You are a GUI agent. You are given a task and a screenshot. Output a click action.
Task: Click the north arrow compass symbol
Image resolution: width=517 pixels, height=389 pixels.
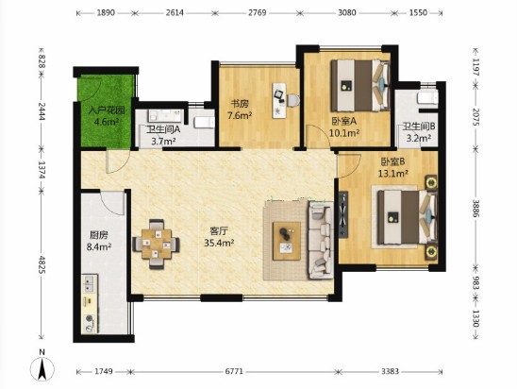[42, 369]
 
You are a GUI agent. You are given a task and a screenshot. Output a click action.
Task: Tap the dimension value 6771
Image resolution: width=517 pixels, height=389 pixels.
[234, 371]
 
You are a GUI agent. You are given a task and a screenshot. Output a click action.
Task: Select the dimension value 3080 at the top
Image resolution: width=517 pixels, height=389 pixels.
[347, 12]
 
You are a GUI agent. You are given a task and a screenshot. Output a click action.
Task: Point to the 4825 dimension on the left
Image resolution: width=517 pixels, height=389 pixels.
[42, 264]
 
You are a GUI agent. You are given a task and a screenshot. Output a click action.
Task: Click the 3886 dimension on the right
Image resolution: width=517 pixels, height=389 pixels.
[475, 209]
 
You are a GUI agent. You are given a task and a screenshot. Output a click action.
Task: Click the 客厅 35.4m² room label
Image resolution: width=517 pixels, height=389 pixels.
[219, 237]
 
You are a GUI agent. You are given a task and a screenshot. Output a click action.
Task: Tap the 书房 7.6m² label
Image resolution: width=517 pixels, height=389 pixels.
[240, 110]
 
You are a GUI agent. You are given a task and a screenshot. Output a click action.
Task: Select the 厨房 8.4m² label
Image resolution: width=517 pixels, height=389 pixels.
[98, 241]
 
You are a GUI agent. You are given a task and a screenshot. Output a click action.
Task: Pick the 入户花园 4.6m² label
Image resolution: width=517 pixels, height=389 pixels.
[107, 116]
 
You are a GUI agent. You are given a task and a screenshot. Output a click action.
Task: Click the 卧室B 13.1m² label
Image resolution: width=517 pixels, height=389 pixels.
[393, 167]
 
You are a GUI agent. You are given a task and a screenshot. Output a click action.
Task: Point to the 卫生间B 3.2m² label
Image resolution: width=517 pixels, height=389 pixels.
[419, 131]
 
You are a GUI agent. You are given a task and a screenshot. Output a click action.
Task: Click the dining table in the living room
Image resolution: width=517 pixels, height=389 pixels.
[157, 245]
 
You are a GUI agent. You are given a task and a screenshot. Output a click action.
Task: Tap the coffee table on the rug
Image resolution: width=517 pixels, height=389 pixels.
[287, 241]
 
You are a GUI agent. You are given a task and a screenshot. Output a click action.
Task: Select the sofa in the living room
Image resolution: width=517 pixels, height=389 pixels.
[321, 240]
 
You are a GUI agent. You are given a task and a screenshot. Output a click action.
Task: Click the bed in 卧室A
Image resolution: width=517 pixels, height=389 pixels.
[360, 86]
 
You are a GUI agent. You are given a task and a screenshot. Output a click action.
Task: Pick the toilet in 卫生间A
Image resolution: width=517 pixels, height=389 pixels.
[204, 123]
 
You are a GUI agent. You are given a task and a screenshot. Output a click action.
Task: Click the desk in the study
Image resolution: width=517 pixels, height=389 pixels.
[279, 100]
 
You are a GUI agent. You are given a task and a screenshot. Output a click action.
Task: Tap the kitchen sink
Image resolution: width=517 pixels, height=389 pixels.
[90, 284]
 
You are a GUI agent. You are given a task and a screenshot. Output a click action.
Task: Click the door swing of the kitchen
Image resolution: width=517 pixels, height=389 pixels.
[113, 202]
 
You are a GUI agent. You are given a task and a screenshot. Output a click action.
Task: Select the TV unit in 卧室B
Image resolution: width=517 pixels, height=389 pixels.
[343, 214]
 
